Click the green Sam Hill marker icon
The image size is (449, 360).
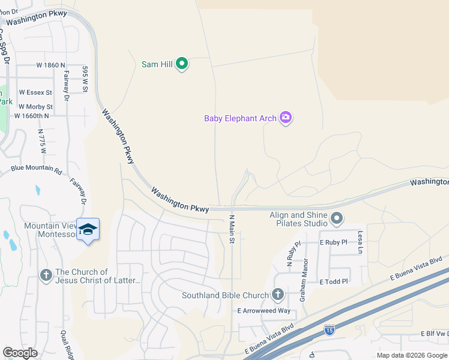tap(182, 64)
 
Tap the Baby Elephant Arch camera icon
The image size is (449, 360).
tap(286, 118)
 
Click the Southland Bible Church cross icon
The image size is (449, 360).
tap(277, 295)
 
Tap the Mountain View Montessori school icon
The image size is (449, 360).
tap(88, 230)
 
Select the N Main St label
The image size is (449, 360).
tap(232, 229)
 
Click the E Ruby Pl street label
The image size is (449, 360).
tap(334, 243)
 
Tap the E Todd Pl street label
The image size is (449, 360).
tap(334, 281)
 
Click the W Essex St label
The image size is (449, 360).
tap(36, 93)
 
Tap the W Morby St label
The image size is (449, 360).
tap(36, 107)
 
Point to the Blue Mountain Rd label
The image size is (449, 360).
tap(36, 168)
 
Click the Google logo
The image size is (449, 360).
tap(20, 353)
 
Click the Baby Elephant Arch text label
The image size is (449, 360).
tap(240, 118)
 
